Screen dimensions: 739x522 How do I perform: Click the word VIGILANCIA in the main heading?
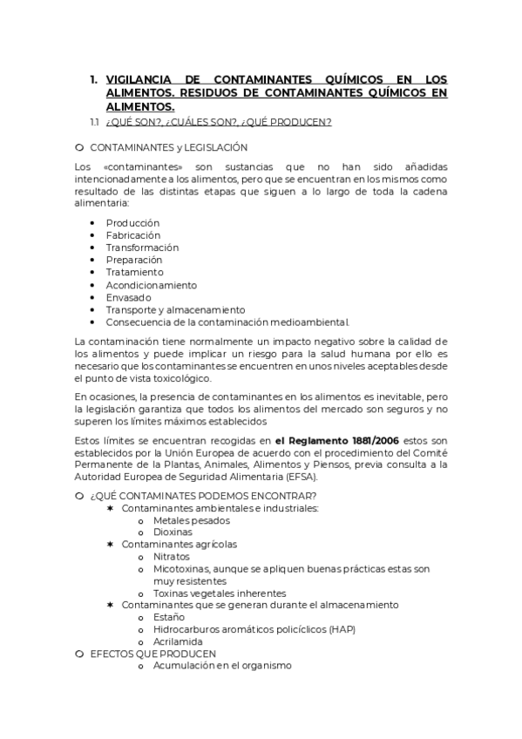(144, 79)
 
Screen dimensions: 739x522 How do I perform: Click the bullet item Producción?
(132, 223)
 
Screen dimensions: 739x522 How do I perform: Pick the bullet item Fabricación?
(133, 235)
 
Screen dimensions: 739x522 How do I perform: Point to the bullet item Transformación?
(142, 247)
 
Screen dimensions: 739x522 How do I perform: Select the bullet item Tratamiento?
(134, 272)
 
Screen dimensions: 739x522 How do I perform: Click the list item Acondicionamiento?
(151, 285)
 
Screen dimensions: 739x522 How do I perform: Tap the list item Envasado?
(128, 297)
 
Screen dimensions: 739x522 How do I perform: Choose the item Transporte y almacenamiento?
(175, 309)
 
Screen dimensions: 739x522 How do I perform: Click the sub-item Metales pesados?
(191, 520)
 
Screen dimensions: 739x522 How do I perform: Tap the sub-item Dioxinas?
(173, 532)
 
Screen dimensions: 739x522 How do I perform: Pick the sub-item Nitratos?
(171, 556)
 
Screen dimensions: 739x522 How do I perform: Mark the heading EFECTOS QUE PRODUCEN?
(153, 653)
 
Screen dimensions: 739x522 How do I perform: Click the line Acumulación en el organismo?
(221, 665)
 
